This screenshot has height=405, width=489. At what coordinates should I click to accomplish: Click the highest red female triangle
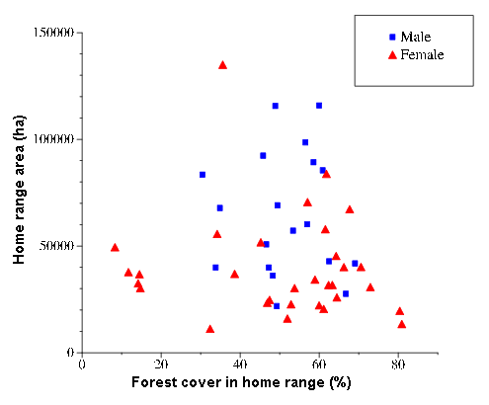click(222, 65)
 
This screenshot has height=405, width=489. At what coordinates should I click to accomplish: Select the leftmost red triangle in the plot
click(115, 248)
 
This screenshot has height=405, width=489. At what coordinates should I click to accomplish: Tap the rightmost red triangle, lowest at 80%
click(401, 324)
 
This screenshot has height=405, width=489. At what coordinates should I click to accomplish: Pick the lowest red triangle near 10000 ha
click(210, 329)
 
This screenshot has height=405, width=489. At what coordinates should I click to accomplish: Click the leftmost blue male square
click(203, 175)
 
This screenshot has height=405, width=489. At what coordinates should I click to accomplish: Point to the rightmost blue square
click(355, 264)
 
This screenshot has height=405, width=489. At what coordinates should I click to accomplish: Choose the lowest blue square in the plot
click(277, 306)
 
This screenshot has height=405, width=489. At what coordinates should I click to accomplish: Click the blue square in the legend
click(392, 37)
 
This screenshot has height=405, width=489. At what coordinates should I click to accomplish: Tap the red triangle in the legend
click(392, 54)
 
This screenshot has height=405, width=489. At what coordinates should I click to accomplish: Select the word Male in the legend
click(416, 37)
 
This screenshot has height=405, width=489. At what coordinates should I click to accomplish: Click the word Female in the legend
click(422, 54)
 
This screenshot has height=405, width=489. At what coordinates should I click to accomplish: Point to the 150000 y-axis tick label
click(53, 33)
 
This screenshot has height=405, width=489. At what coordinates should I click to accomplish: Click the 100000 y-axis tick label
click(53, 139)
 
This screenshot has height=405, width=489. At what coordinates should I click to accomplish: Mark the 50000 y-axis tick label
click(56, 246)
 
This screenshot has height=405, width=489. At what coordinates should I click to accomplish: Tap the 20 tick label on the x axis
click(161, 364)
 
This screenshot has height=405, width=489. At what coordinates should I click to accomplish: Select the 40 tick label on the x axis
click(240, 364)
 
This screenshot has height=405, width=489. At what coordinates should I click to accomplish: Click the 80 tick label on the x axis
click(398, 364)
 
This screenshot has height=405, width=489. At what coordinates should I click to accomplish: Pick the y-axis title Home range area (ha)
click(19, 190)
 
